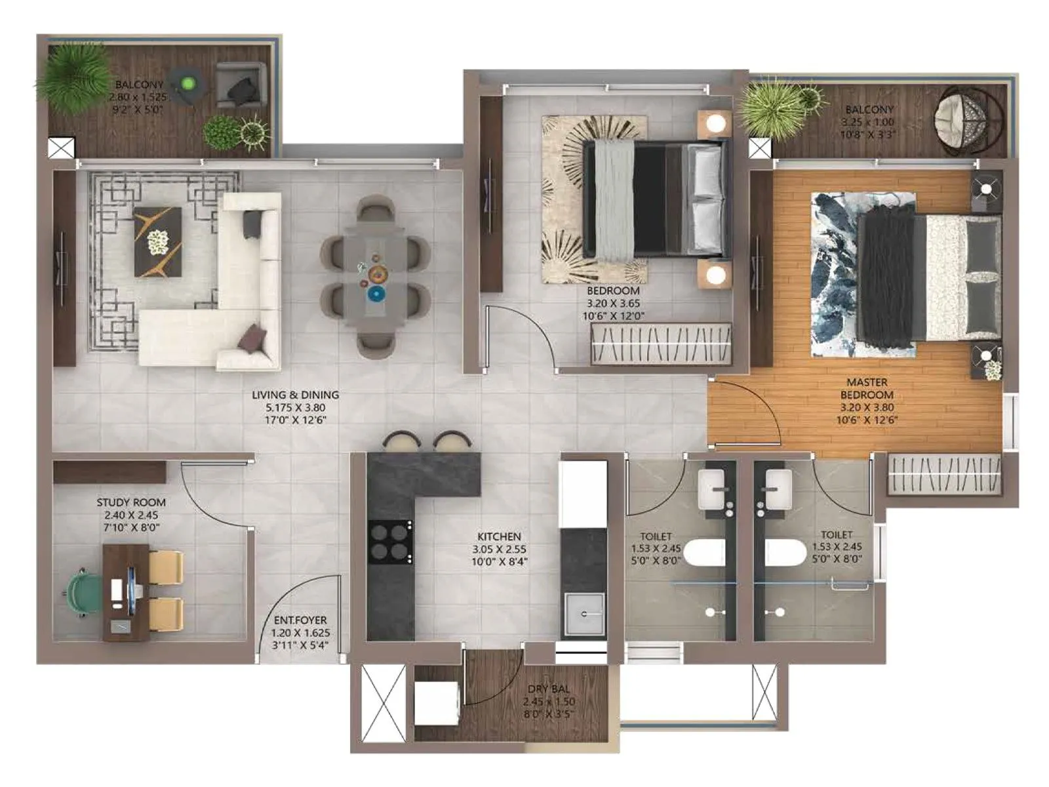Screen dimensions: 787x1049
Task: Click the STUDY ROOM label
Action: point(131,502)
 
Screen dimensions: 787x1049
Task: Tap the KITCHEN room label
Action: point(499,536)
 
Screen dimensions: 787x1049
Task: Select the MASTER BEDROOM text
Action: point(867,388)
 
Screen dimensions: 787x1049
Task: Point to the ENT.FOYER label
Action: point(300,620)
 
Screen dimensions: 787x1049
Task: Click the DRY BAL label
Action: point(549,689)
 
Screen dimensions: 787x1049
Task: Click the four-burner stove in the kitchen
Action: point(391,542)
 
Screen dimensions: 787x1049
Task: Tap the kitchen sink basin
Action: point(584,614)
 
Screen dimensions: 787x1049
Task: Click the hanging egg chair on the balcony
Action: point(968,122)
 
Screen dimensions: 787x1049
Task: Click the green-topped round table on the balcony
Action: point(188,84)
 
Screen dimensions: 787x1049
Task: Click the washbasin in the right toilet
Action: point(778,489)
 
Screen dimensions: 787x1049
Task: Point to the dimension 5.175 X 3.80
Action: point(295,407)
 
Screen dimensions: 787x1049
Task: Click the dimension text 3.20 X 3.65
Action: point(613,304)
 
